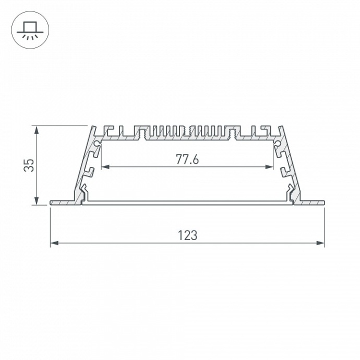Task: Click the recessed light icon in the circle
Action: tap(30, 30)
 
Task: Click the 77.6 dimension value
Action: tap(187, 160)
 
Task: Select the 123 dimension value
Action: tap(187, 235)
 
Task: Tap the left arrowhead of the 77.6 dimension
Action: tap(104, 167)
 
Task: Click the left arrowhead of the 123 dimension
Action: tap(53, 243)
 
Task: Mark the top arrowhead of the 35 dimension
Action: tap(36, 129)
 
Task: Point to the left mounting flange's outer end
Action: tap(51, 202)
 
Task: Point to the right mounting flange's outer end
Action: tap(323, 202)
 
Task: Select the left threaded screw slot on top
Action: tap(142, 131)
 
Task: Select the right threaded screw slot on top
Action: tap(233, 131)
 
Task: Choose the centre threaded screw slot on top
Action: tap(187, 131)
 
